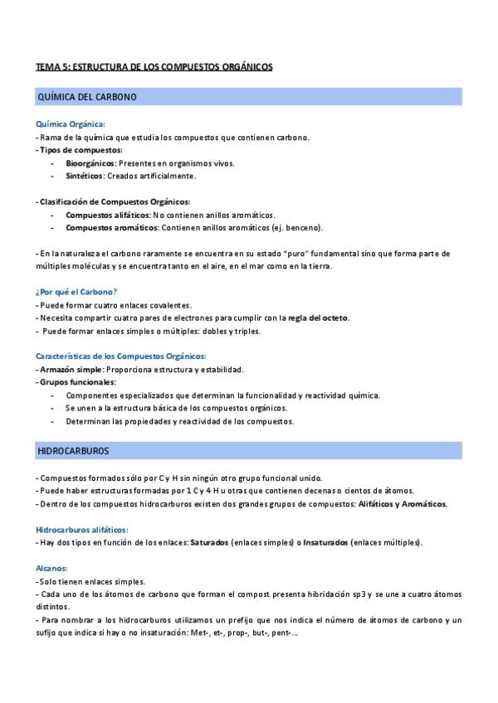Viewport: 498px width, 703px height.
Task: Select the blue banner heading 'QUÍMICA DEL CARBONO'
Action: click(x=87, y=97)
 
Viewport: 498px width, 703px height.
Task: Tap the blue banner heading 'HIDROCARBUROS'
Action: click(x=74, y=450)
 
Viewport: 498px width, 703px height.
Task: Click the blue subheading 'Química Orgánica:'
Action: click(x=71, y=124)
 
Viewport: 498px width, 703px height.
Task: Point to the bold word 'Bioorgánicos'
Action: click(x=90, y=163)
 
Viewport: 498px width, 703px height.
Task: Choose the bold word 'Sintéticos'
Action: click(x=85, y=176)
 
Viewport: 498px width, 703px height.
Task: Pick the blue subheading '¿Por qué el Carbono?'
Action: click(x=76, y=292)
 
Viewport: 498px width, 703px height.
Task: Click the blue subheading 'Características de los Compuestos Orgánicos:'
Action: click(x=120, y=356)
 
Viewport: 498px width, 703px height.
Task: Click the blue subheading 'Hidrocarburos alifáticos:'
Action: click(x=81, y=530)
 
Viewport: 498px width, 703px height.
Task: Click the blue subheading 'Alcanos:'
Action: click(x=51, y=569)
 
